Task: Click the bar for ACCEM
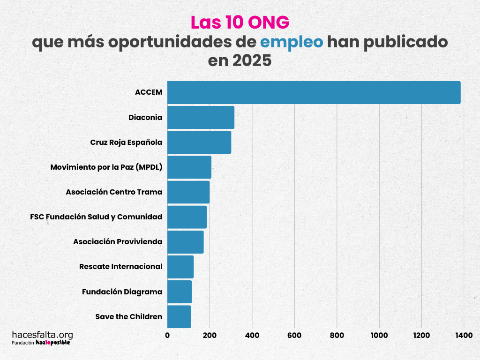tap(314, 93)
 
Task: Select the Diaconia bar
tap(201, 118)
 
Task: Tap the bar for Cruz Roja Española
tap(199, 142)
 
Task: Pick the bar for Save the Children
tap(179, 317)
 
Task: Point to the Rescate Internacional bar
tap(180, 267)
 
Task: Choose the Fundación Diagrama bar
tap(180, 292)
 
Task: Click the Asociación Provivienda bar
tap(185, 242)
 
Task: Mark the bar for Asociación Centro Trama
tap(188, 192)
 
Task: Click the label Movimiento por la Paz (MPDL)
tap(106, 167)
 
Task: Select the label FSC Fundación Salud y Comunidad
tap(96, 217)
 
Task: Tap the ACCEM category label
tap(149, 93)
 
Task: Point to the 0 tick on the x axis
tap(167, 335)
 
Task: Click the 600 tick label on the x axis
tap(294, 335)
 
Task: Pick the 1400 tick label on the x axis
tap(464, 335)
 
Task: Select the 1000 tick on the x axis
tap(379, 335)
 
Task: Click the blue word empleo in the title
tap(292, 43)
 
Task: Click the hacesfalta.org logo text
tap(42, 335)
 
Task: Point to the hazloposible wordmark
tap(53, 343)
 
